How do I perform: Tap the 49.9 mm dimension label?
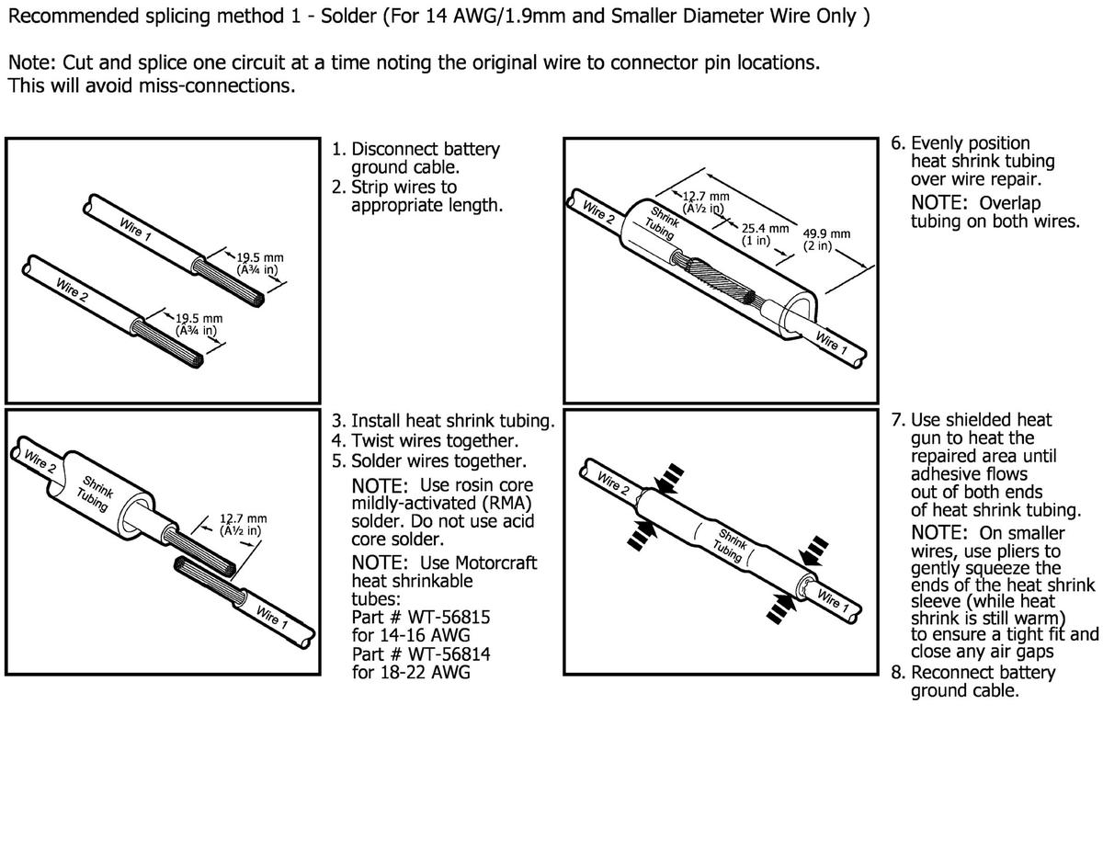(x=826, y=233)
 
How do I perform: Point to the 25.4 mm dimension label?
(x=765, y=228)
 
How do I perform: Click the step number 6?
(x=897, y=144)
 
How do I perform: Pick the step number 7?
(x=897, y=420)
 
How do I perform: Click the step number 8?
(x=897, y=672)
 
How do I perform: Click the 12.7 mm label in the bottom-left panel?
(x=243, y=519)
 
